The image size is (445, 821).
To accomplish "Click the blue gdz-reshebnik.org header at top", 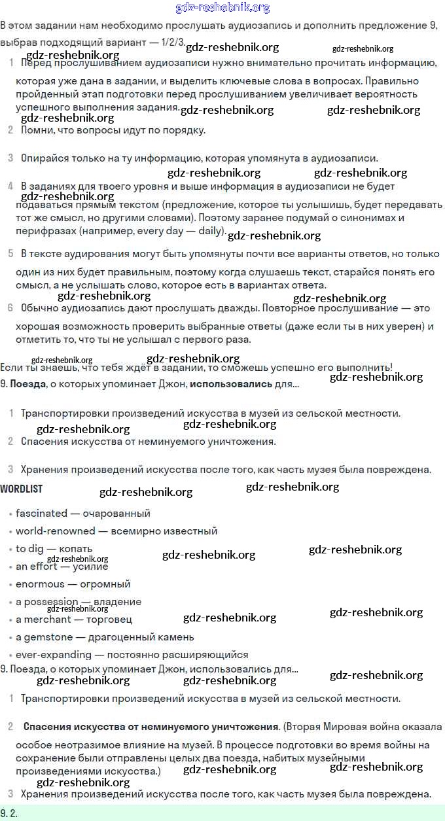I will (222, 8).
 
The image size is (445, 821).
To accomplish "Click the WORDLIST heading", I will (22, 489).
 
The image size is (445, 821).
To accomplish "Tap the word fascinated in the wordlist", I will (41, 514).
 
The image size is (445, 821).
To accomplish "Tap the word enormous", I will (41, 584).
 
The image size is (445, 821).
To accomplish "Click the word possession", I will (51, 602).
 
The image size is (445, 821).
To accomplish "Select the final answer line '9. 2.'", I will (9, 814).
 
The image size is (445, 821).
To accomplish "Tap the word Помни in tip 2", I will (36, 130).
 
